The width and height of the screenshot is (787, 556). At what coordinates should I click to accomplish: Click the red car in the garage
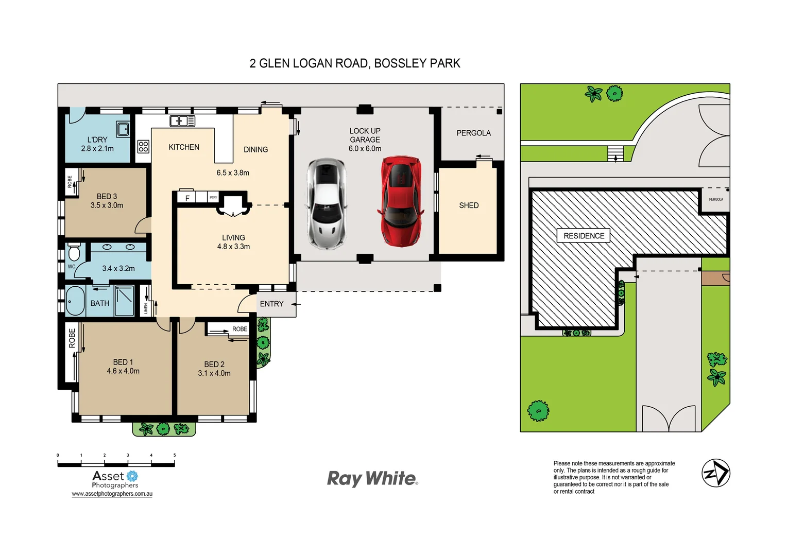(401, 202)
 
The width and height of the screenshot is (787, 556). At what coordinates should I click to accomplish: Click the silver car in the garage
(327, 204)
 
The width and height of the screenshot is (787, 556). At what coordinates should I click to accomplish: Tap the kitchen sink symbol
(182, 121)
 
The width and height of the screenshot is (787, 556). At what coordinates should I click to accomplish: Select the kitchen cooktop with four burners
(143, 146)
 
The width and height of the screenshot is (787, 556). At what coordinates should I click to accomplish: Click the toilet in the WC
(74, 252)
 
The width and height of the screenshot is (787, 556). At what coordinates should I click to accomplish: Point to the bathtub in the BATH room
(75, 301)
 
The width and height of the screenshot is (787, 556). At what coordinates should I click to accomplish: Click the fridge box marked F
(187, 198)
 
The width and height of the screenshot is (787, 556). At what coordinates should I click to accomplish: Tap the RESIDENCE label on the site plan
(584, 236)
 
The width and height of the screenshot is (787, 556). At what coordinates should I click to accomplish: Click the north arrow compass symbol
(716, 473)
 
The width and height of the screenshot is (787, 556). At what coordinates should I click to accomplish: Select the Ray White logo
(372, 478)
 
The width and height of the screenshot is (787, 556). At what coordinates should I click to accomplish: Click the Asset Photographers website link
(112, 494)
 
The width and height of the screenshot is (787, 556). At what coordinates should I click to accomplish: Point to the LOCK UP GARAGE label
(365, 135)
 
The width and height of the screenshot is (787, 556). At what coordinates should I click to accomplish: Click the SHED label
(469, 205)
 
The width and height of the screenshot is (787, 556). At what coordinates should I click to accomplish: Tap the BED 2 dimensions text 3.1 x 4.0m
(214, 373)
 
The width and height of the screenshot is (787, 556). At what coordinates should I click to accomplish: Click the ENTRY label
(271, 304)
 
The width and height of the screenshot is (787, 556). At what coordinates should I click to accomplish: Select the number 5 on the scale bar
(175, 455)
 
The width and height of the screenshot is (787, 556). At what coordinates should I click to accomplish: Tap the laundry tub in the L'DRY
(123, 129)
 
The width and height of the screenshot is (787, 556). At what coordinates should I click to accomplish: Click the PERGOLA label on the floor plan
(473, 133)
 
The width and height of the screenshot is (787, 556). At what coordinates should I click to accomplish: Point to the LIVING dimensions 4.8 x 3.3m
(233, 247)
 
